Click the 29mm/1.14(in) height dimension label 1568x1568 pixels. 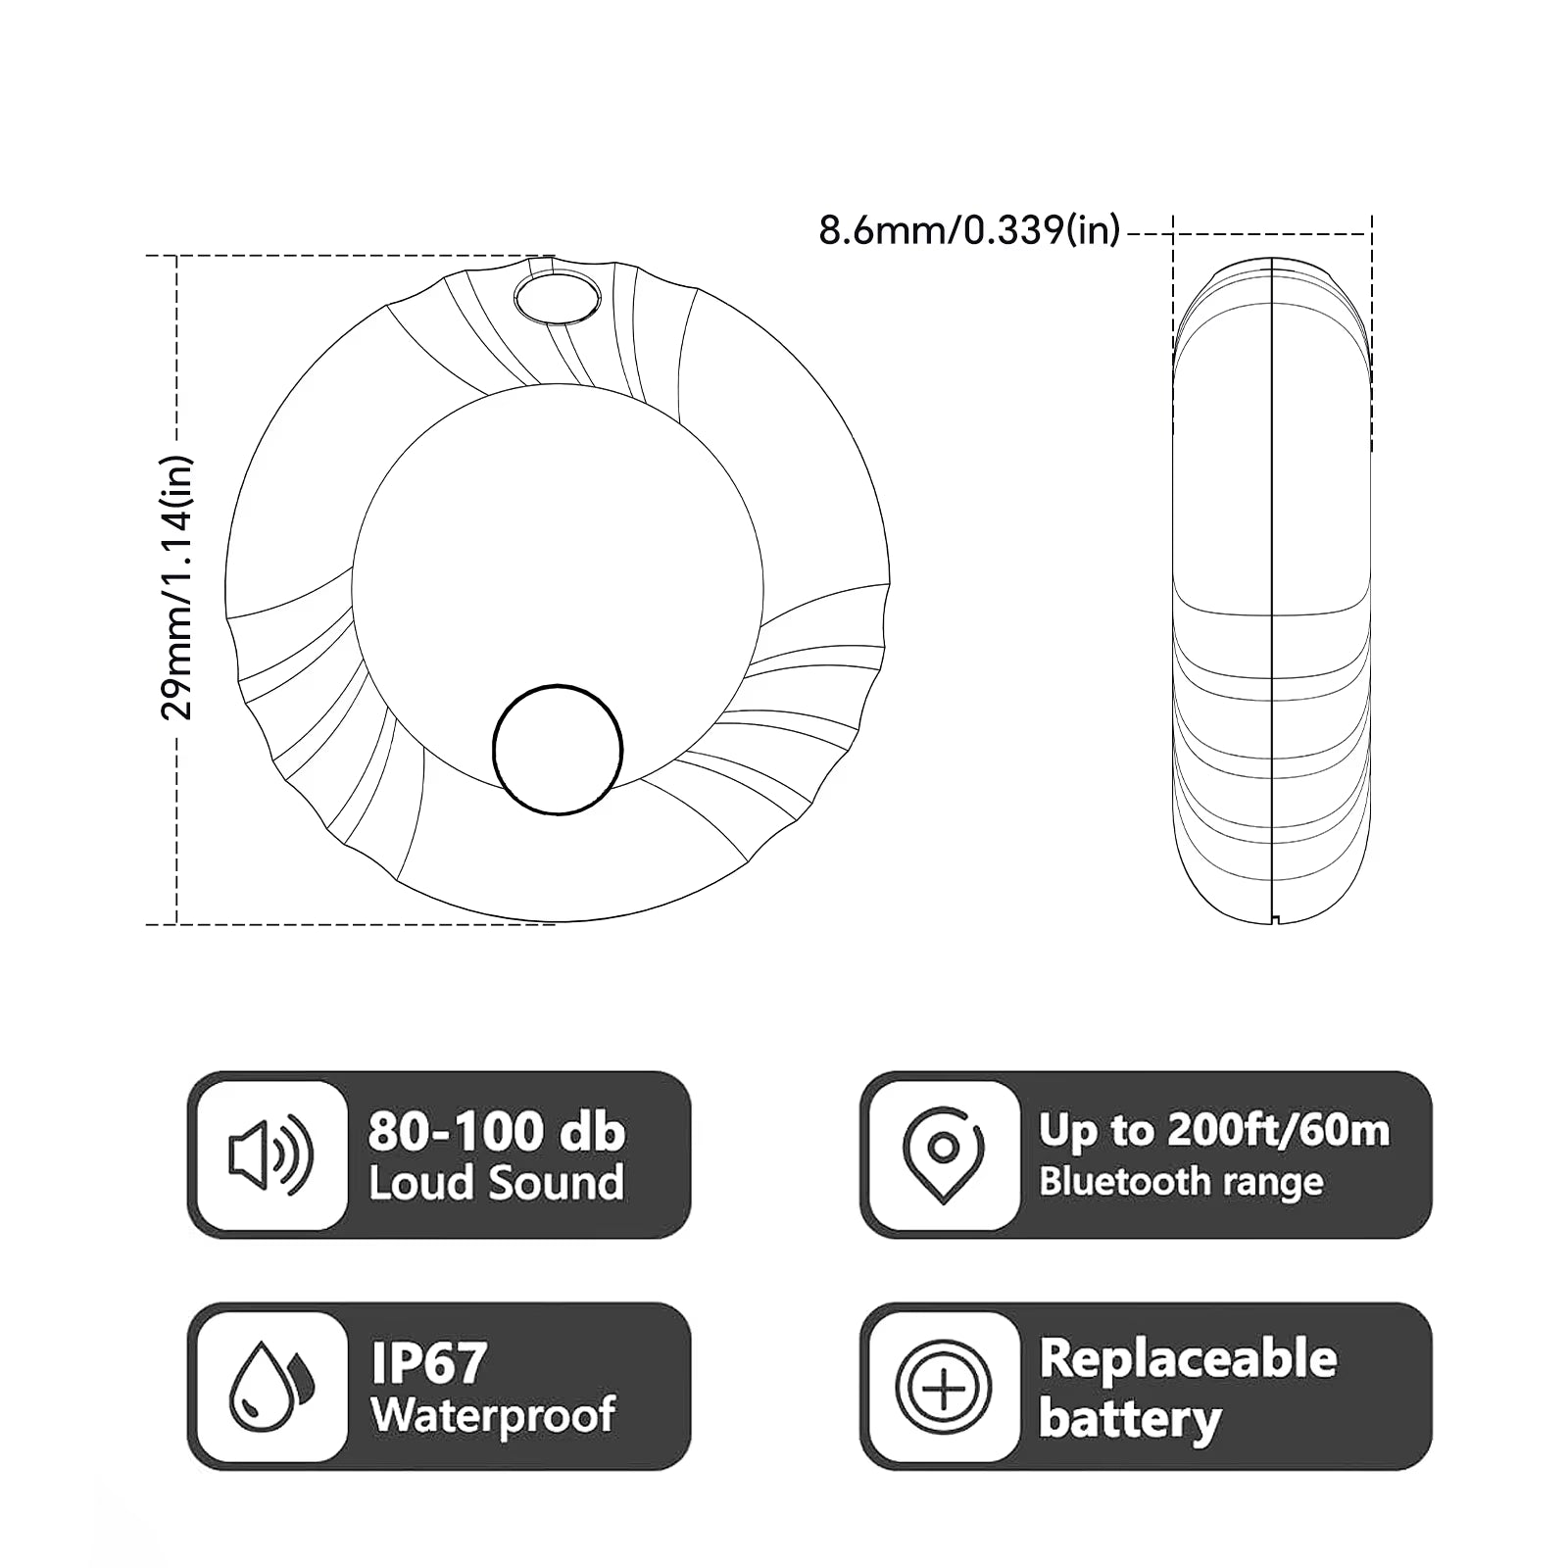click(177, 588)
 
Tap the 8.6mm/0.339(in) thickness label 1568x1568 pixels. click(968, 231)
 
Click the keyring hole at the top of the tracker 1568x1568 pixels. click(557, 297)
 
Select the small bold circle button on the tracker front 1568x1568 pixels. click(557, 750)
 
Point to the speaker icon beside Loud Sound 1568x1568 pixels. click(270, 1155)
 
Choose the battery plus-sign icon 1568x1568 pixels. click(943, 1387)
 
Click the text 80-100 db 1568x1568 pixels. click(496, 1132)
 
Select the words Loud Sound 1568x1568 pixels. click(496, 1183)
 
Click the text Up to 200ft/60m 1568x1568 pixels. click(1213, 1131)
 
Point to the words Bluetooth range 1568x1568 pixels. click(1180, 1182)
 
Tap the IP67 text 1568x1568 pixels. click(429, 1362)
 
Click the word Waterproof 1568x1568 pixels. click(493, 1415)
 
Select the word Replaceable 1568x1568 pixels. click(1188, 1359)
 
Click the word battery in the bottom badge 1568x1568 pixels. click(1129, 1418)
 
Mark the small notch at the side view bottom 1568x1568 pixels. click(1273, 919)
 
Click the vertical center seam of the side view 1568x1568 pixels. click(1271, 588)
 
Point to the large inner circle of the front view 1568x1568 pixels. click(557, 549)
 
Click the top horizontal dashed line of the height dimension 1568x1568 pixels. click(343, 256)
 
